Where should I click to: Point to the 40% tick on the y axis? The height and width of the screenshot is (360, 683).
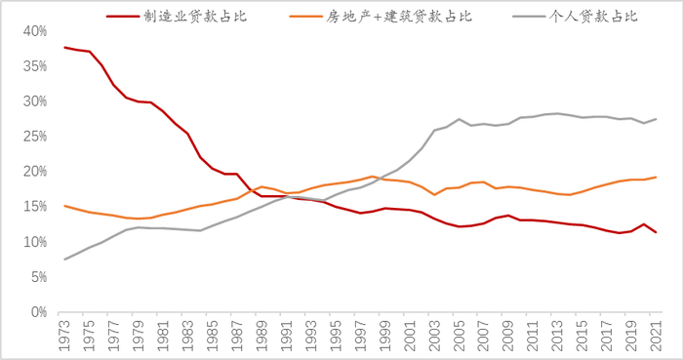pos(34,31)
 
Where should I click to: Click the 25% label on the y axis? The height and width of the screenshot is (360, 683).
pos(34,137)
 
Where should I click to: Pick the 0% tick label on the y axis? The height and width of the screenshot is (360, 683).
pos(38,312)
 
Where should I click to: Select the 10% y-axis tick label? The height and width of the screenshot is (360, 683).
pos(34,242)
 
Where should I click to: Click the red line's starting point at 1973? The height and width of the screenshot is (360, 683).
pos(65,48)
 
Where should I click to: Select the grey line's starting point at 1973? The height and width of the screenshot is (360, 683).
pos(65,260)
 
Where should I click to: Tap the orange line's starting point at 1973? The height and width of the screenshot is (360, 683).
pos(65,206)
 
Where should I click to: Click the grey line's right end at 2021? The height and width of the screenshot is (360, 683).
pos(656,119)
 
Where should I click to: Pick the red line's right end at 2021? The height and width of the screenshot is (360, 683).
pos(656,232)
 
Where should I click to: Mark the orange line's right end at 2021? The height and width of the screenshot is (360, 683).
pos(656,178)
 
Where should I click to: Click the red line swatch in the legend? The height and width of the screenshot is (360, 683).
pos(121,16)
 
